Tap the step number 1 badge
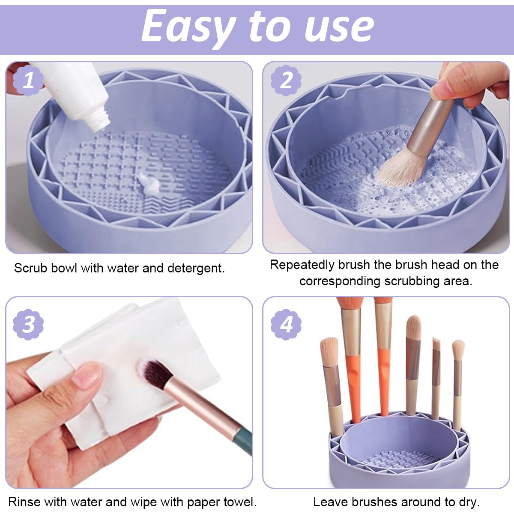(28, 80)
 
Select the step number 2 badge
(286, 80)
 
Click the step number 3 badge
(28, 324)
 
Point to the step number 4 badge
(286, 324)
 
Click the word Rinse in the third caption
(24, 502)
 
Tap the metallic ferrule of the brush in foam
(428, 124)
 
